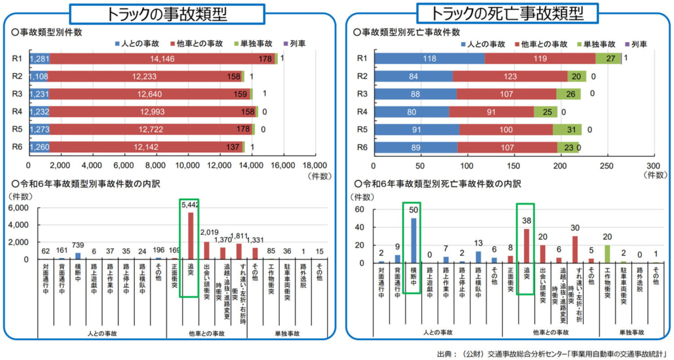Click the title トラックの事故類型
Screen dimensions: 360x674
[x=167, y=14]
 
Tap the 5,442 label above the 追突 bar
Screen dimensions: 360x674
[x=190, y=205]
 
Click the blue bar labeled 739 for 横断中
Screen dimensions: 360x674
[x=78, y=256]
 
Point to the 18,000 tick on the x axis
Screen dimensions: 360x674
[x=314, y=165]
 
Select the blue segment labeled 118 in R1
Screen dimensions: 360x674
[x=428, y=59]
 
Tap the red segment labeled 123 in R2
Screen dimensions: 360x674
[x=509, y=76]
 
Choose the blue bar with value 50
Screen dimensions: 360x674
[x=413, y=240]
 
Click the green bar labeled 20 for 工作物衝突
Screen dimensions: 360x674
[x=607, y=254]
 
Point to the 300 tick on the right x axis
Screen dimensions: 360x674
[x=653, y=165]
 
